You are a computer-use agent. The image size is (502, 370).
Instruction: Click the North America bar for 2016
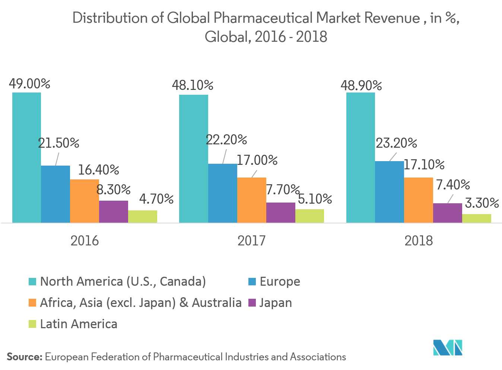tap(26, 157)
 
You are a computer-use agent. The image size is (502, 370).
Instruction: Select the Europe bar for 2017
tap(222, 193)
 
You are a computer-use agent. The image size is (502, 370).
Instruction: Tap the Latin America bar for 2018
tap(476, 219)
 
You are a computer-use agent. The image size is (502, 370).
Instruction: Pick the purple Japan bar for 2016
tap(113, 211)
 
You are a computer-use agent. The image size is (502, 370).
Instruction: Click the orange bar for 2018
tap(418, 200)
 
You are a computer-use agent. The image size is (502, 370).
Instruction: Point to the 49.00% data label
tap(29, 84)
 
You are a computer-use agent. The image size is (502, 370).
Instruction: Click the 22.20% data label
tap(226, 140)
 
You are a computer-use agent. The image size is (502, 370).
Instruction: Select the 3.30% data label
tap(482, 203)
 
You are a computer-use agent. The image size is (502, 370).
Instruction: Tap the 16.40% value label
tap(98, 170)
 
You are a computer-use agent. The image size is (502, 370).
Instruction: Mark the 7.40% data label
tap(453, 185)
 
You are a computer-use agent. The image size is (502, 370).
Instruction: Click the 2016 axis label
tap(85, 241)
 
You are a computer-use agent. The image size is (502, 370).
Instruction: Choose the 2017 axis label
tap(251, 241)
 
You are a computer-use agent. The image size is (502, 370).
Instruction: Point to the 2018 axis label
tap(419, 241)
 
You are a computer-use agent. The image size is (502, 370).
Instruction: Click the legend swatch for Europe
tap(252, 282)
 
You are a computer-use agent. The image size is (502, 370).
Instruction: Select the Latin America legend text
tap(79, 324)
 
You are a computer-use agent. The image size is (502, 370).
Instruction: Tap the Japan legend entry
tap(276, 302)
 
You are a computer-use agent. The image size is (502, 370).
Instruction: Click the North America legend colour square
tap(32, 282)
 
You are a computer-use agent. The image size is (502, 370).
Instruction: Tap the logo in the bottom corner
tap(447, 347)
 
